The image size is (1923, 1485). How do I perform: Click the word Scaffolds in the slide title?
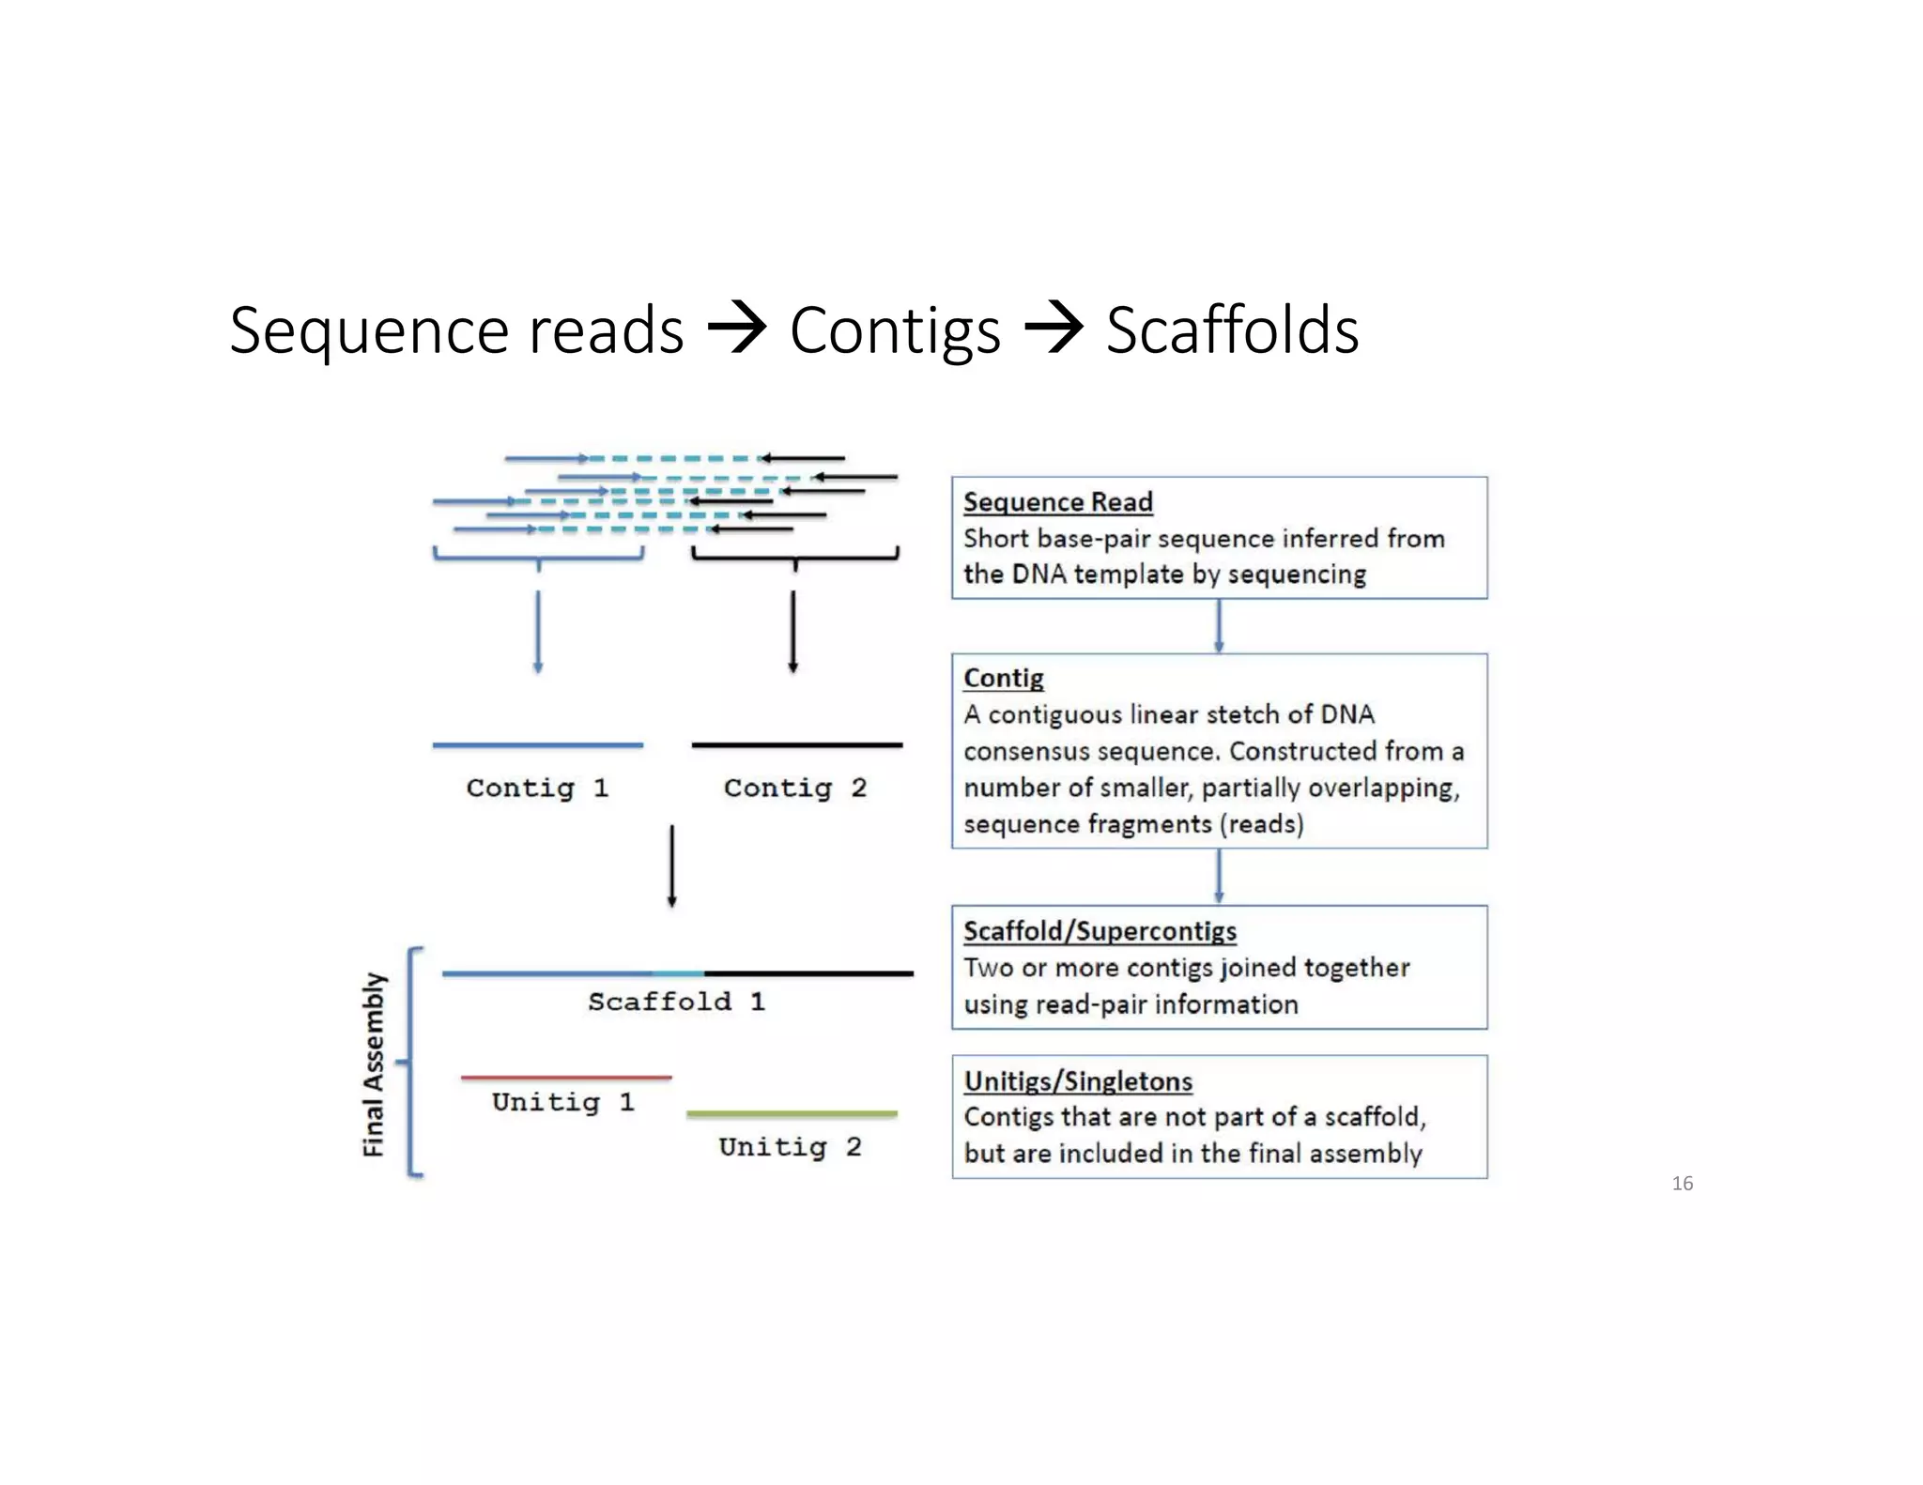(1232, 330)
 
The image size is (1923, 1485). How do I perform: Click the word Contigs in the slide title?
(895, 332)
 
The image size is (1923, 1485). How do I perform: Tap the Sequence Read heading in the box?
(1057, 502)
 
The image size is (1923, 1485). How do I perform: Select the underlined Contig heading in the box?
(1003, 678)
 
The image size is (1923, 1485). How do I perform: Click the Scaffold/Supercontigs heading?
(1100, 931)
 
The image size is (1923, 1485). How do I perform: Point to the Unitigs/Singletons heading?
(1078, 1081)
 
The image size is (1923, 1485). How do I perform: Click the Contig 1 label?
(537, 788)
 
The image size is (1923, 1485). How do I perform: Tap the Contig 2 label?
(794, 788)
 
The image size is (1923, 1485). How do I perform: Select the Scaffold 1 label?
(676, 1002)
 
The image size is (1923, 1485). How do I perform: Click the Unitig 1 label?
(562, 1102)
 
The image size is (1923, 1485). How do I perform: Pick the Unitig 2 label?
(790, 1147)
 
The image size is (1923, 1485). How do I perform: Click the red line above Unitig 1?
(566, 1078)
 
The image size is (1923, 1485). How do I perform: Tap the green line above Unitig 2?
(792, 1114)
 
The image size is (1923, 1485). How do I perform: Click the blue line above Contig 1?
(537, 745)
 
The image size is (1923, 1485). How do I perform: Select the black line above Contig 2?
(796, 745)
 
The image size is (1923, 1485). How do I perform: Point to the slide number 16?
(1682, 1184)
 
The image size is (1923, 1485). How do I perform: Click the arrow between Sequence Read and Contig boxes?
(1219, 626)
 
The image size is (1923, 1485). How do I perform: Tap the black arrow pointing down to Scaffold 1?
(671, 865)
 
